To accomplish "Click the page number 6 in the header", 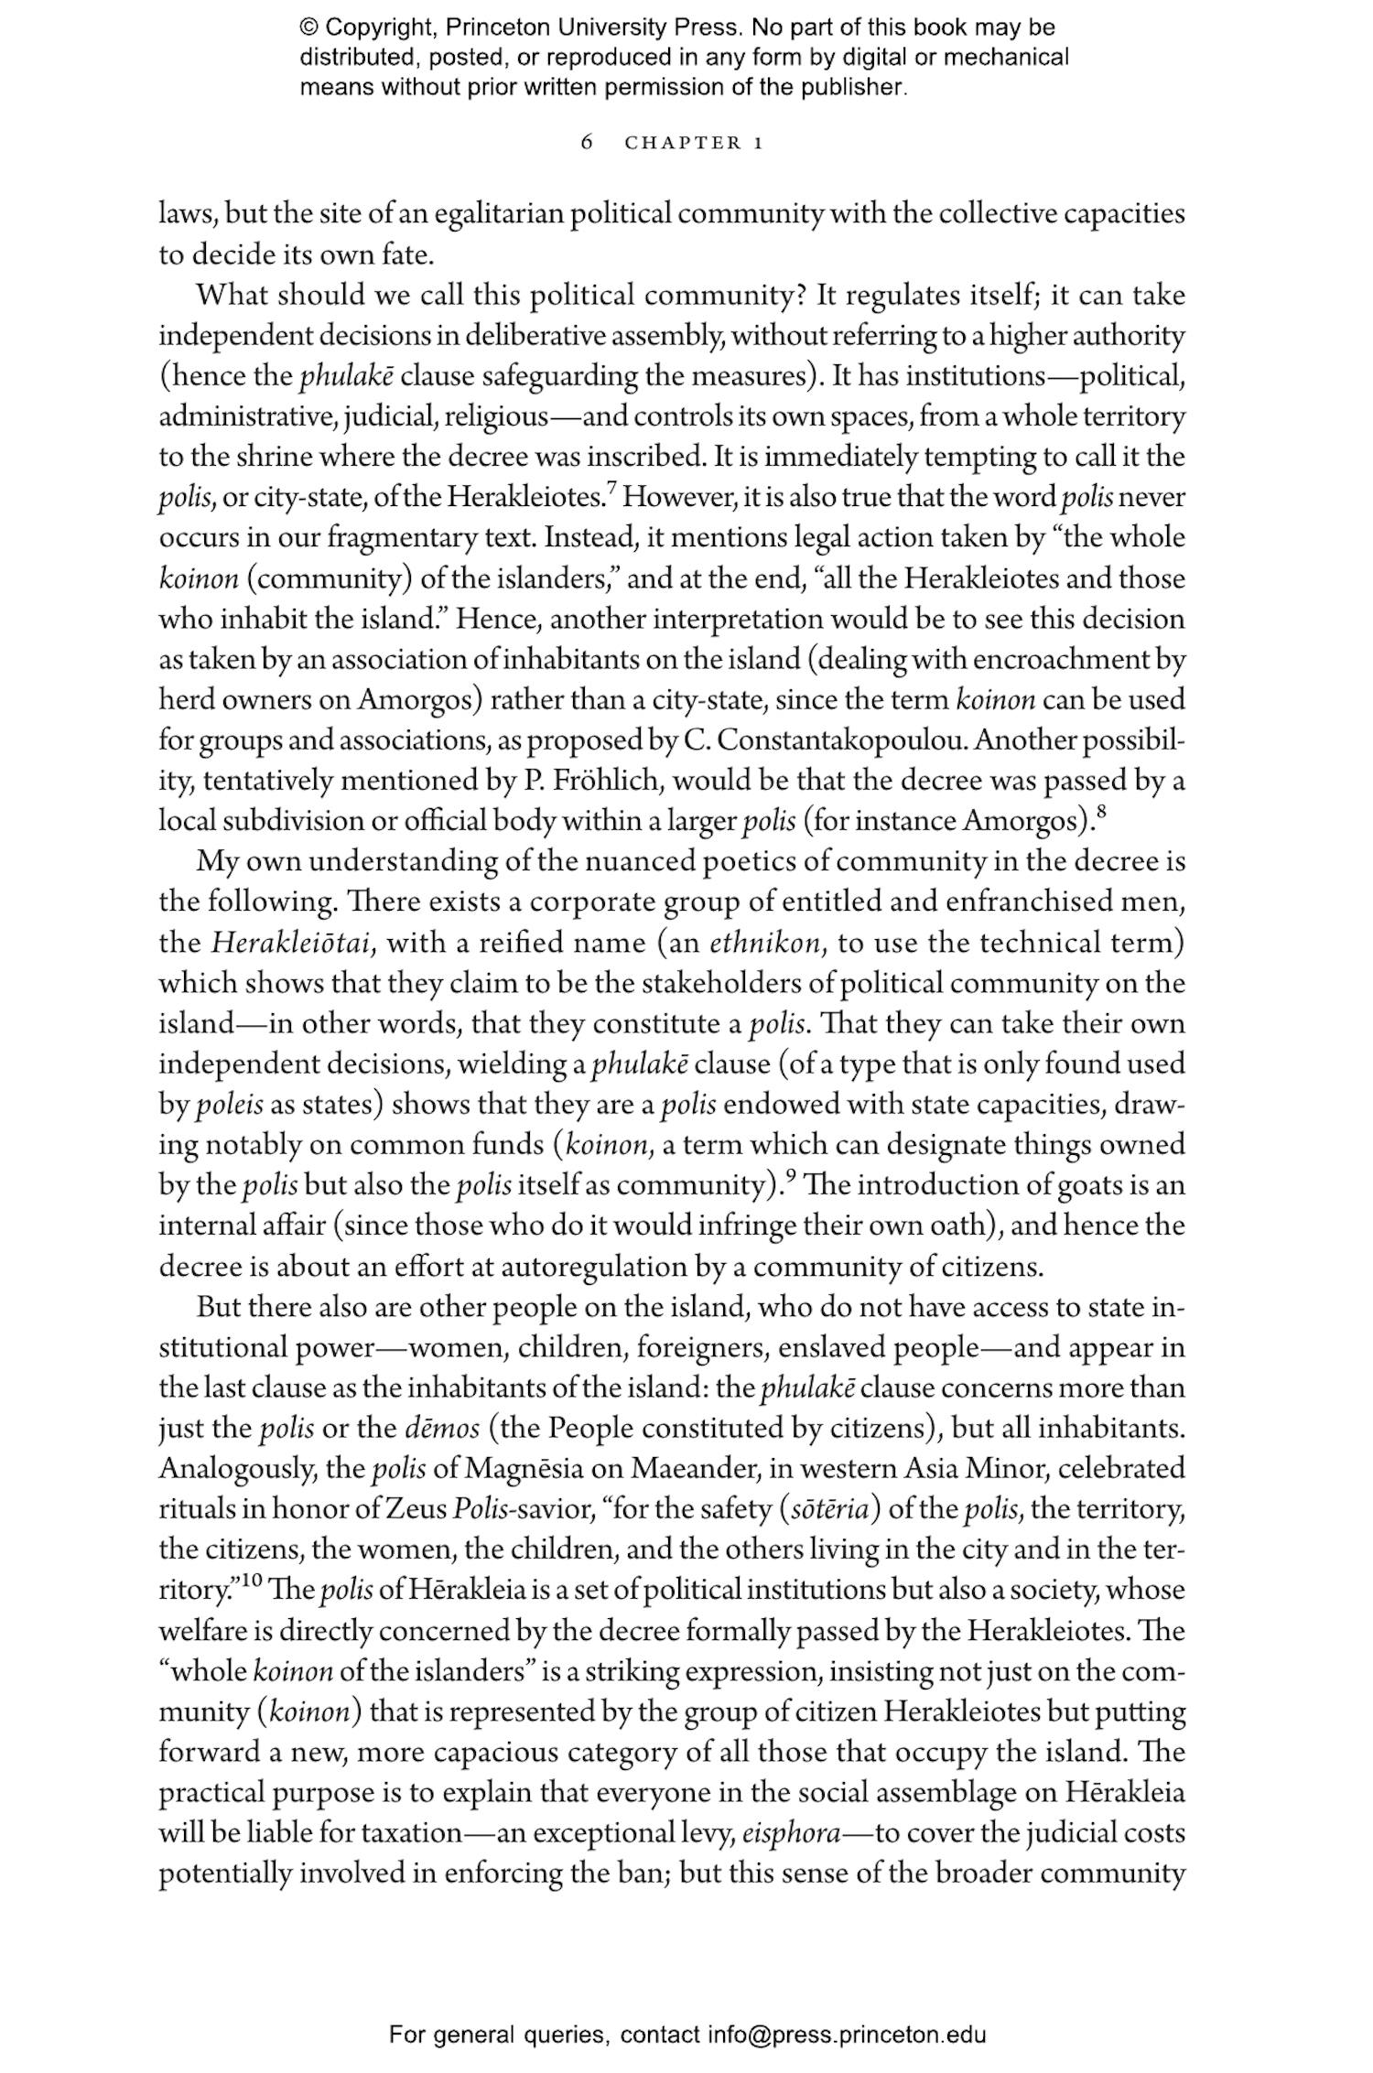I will click(x=588, y=143).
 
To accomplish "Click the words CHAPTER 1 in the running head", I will click(x=694, y=143).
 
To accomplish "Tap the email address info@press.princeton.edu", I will click(x=846, y=2035).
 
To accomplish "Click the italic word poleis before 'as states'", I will click(x=229, y=1106).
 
